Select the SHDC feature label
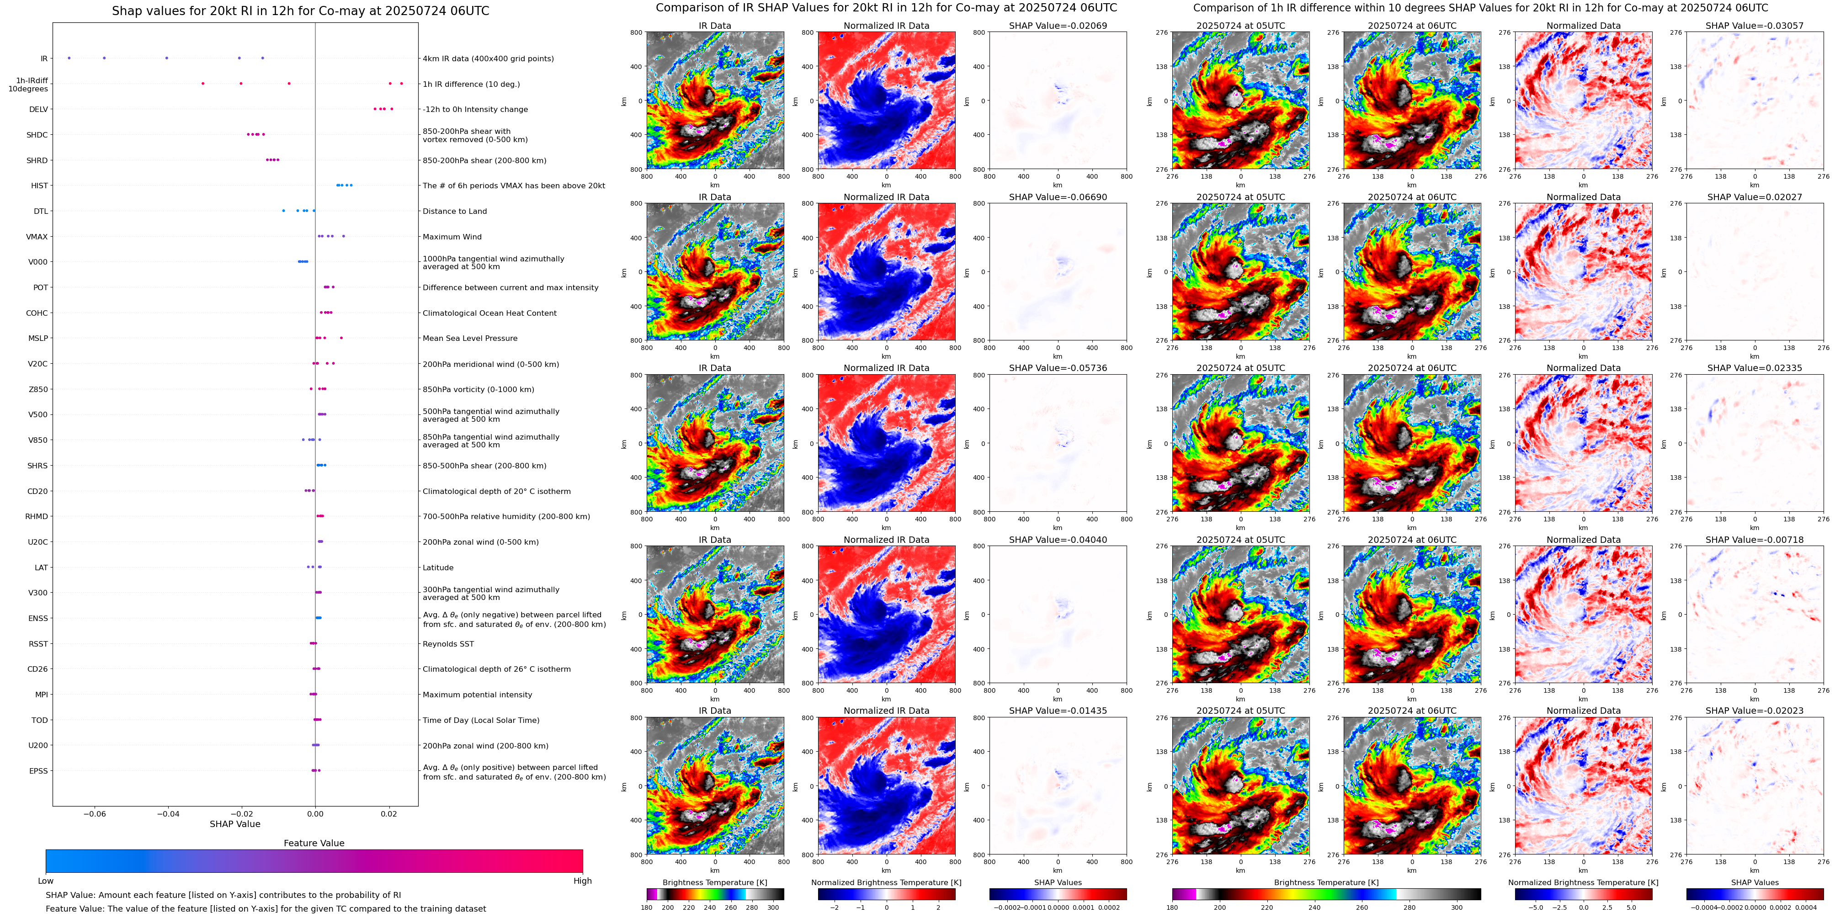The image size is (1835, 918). pyautogui.click(x=37, y=135)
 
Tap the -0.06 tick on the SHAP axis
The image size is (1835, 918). pyautogui.click(x=95, y=813)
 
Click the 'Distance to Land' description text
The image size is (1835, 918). pyautogui.click(x=454, y=212)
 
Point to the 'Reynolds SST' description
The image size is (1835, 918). pyautogui.click(x=448, y=644)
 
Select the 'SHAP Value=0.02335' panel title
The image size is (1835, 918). pyautogui.click(x=1755, y=368)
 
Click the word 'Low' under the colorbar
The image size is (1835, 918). pyautogui.click(x=46, y=881)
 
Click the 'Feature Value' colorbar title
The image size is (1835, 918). pyautogui.click(x=314, y=843)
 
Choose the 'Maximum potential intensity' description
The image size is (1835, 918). pyautogui.click(x=477, y=695)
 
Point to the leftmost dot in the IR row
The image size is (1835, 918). pyautogui.click(x=69, y=58)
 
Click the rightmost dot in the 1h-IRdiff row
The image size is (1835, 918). pyautogui.click(x=402, y=83)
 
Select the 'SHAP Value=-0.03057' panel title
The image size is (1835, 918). pyautogui.click(x=1755, y=26)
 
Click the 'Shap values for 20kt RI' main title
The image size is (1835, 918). pyautogui.click(x=300, y=11)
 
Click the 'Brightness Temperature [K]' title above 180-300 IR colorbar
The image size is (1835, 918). pyautogui.click(x=714, y=882)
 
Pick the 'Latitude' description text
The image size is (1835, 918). pyautogui.click(x=438, y=568)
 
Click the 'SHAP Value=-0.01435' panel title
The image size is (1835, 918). pyautogui.click(x=1058, y=711)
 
